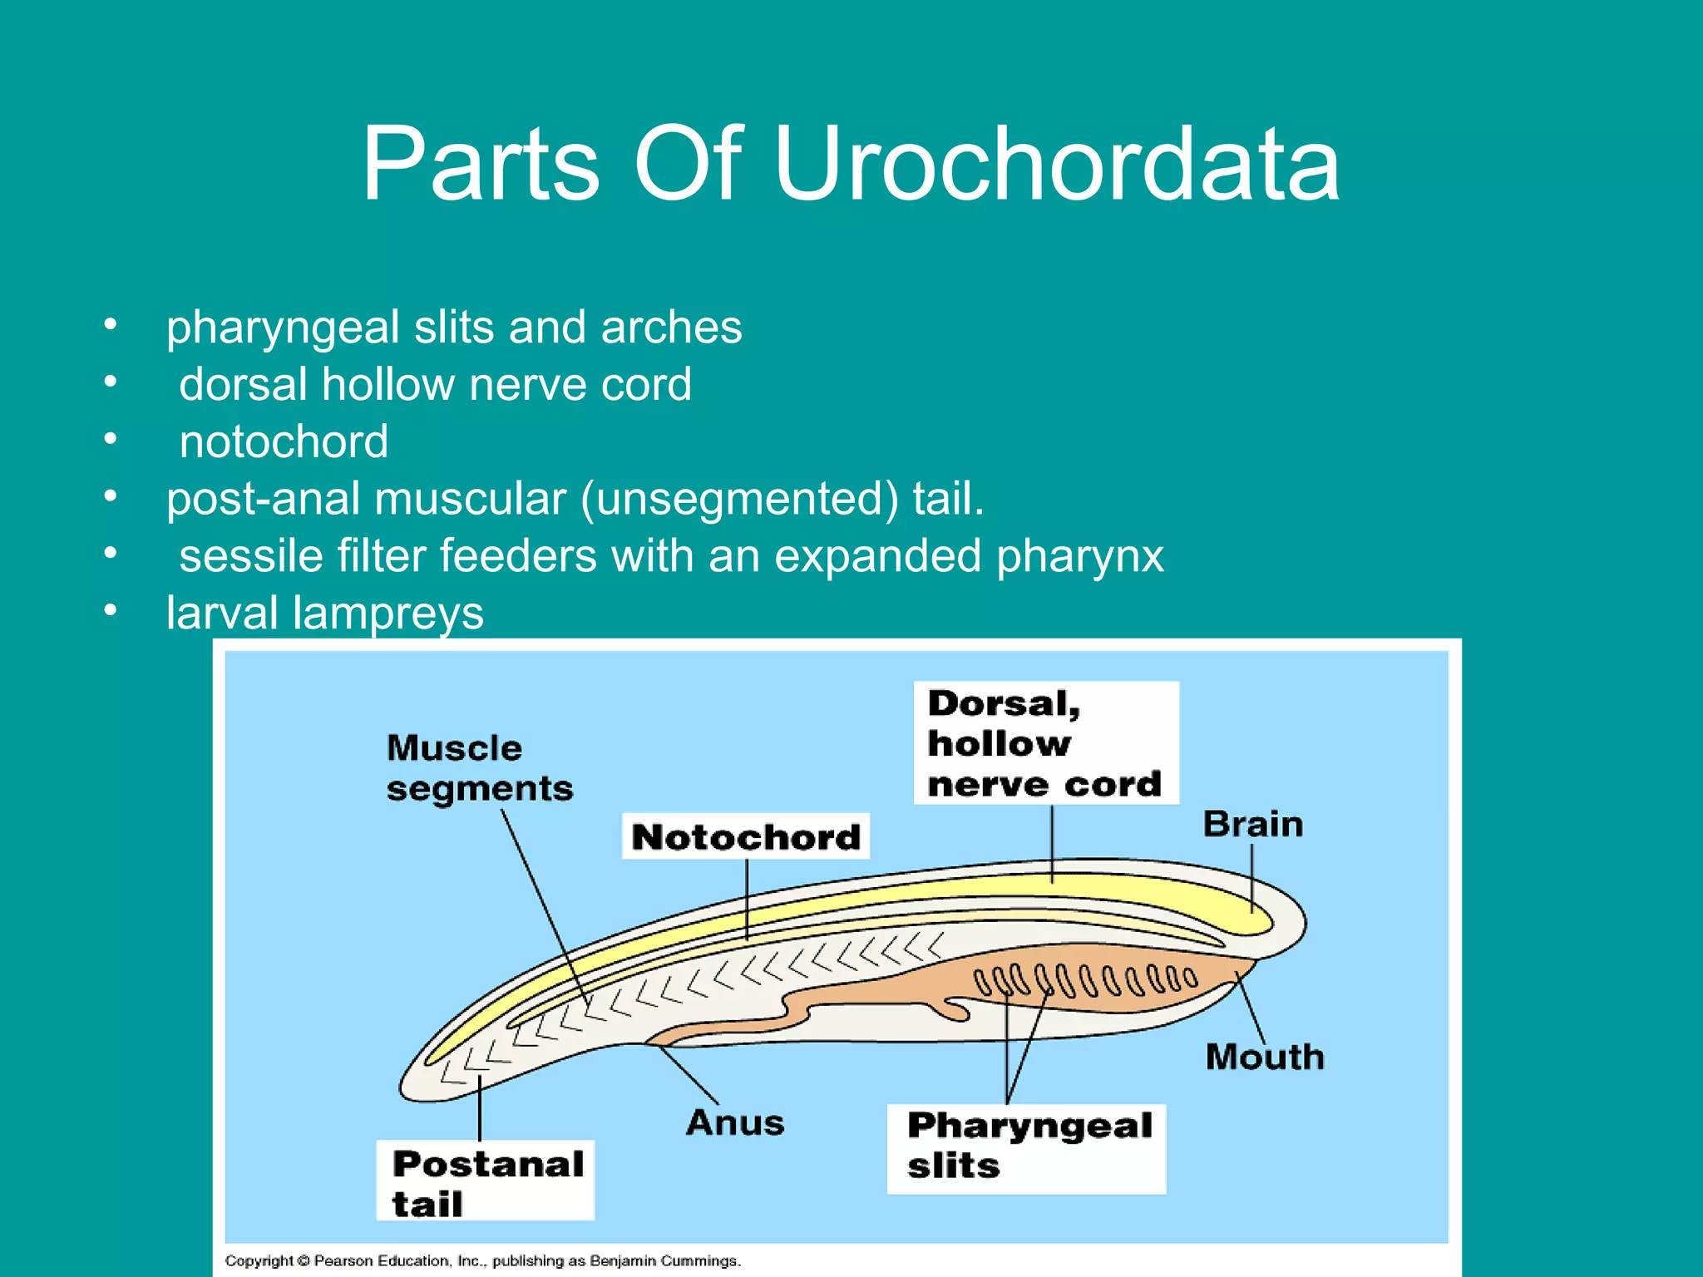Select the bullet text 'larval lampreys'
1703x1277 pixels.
tap(324, 614)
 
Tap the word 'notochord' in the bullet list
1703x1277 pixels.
tap(284, 441)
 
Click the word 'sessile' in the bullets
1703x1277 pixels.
tap(250, 555)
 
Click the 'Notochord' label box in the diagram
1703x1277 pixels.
tap(746, 836)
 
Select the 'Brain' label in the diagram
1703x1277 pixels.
tap(1252, 825)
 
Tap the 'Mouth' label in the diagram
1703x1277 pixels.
tap(1264, 1058)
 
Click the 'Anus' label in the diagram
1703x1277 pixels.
tap(735, 1123)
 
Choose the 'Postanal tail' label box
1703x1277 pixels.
tap(486, 1181)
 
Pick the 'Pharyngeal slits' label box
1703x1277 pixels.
tap(1026, 1148)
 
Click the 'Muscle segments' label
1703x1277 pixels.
tap(479, 768)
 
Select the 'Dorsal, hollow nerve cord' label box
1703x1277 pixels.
tap(1045, 743)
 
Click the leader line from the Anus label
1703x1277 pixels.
tap(690, 1076)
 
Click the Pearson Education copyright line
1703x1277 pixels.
tap(482, 1260)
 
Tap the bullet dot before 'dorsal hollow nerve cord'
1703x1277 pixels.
tap(111, 382)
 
